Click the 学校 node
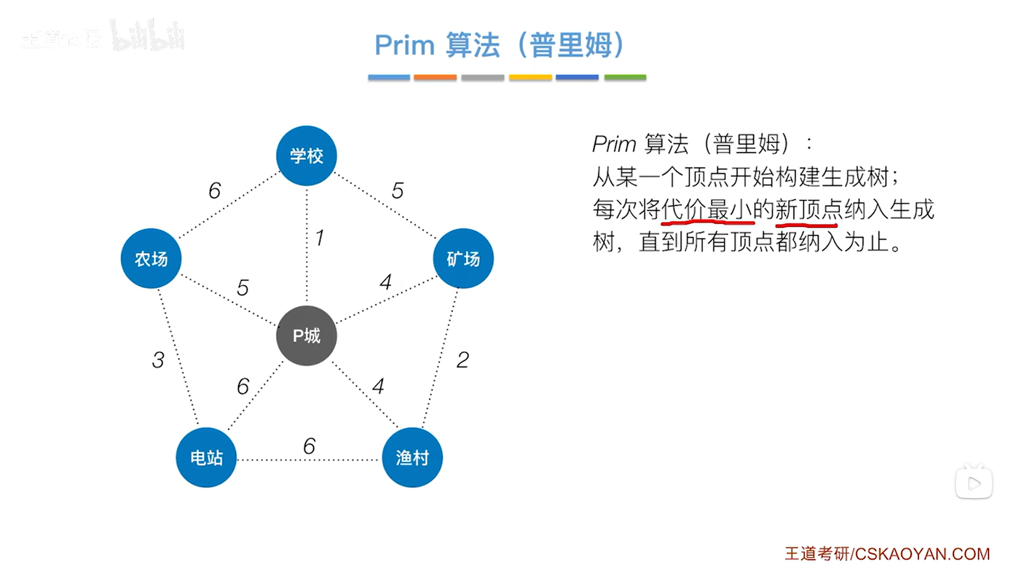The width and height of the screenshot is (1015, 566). click(x=306, y=155)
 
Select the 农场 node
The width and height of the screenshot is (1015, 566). click(x=151, y=259)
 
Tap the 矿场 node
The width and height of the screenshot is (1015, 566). click(x=463, y=259)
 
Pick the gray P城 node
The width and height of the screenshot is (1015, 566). click(x=306, y=336)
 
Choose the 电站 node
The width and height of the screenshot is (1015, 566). click(x=206, y=457)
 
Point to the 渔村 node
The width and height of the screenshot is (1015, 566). click(x=412, y=457)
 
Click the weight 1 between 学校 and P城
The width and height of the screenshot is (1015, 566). click(x=319, y=238)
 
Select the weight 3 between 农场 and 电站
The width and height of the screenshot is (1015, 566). click(x=158, y=360)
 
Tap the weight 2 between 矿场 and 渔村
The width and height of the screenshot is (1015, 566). click(x=463, y=360)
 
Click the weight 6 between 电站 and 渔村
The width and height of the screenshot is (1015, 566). click(x=309, y=446)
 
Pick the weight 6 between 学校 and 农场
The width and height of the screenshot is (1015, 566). click(x=214, y=190)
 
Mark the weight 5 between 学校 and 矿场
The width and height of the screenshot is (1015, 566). click(x=398, y=190)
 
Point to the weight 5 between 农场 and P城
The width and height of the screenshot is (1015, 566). click(x=242, y=288)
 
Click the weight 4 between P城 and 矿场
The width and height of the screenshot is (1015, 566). click(x=385, y=282)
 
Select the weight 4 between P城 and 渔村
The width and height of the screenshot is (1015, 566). click(x=378, y=386)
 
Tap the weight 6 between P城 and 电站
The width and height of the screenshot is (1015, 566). click(x=242, y=386)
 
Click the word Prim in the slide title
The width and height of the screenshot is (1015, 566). click(x=404, y=45)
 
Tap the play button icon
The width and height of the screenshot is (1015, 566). click(x=974, y=484)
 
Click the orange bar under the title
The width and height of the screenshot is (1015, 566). click(x=435, y=78)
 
